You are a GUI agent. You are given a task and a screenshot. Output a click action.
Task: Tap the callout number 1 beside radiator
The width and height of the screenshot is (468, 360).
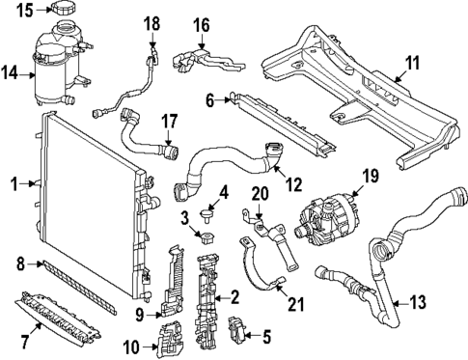pyautogui.click(x=14, y=181)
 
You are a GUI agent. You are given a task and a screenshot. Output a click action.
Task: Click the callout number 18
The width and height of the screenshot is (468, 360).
pyautogui.click(x=152, y=22)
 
